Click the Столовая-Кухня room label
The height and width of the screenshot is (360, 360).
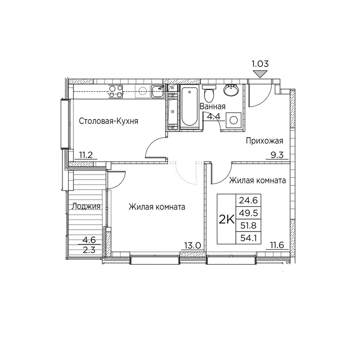click(109, 121)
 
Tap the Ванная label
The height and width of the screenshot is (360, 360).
click(212, 106)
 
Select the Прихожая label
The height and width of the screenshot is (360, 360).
click(265, 141)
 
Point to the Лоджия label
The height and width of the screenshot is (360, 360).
click(86, 206)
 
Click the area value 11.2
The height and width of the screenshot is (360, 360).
click(86, 156)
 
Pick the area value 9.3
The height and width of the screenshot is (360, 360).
click(277, 156)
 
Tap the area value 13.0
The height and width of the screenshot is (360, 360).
click(193, 246)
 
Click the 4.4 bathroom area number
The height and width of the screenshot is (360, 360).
click(214, 116)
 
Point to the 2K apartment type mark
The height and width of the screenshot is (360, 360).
click(227, 220)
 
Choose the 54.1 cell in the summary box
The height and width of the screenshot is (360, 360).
click(249, 238)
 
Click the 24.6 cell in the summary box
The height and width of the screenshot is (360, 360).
click(249, 201)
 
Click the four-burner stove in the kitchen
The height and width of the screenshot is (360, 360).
click(116, 91)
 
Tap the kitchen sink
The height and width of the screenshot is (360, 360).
click(158, 91)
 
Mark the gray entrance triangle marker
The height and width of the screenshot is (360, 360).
click(260, 74)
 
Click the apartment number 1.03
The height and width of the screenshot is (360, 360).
click(260, 64)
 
